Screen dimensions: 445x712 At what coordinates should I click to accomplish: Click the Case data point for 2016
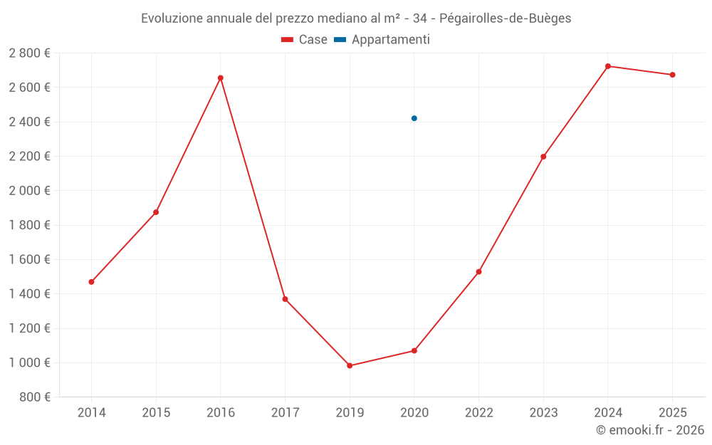221,78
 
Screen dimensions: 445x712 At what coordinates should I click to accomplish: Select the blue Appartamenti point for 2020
414,118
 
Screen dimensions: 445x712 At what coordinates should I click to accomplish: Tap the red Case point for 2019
350,366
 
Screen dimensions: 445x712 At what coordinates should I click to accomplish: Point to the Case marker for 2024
608,66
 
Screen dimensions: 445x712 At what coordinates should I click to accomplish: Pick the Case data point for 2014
91,282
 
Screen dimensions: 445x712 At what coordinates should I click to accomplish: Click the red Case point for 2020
414,351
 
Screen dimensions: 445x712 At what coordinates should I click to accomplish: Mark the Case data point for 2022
479,272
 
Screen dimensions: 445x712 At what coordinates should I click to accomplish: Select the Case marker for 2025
672,75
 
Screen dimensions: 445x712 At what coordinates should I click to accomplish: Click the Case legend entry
304,40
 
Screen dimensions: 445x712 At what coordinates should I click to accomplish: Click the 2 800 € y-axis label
29,53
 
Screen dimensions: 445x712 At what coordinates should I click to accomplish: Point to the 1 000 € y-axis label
29,363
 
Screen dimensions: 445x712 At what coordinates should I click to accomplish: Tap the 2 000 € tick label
29,191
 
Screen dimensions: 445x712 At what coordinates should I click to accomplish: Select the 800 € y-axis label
33,397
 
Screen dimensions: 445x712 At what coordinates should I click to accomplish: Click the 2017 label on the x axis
285,413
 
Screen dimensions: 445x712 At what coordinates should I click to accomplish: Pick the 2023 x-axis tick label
543,413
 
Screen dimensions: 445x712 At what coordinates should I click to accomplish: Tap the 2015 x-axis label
156,413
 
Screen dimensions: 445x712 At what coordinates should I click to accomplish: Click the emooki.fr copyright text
650,430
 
